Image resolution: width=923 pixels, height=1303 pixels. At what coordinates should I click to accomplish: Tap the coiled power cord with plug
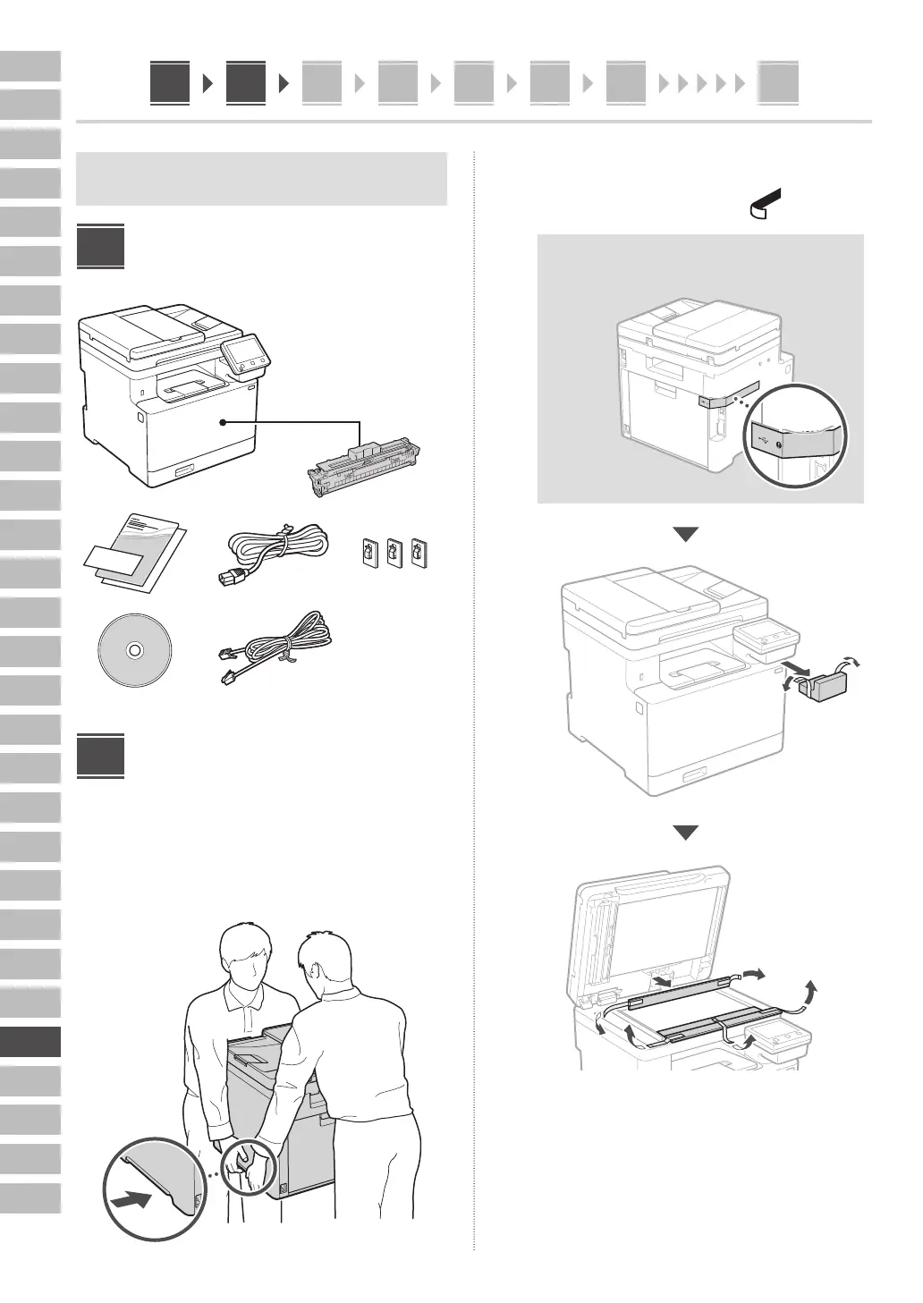tap(267, 552)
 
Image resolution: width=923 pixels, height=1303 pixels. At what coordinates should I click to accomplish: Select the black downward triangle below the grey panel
tap(686, 535)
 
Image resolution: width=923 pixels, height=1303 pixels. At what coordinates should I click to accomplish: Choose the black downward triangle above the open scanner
tap(686, 833)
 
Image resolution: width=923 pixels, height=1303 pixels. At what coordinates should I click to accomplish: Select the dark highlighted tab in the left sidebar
tap(30, 1042)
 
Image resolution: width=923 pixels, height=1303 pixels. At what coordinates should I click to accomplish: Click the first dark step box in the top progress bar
tap(170, 83)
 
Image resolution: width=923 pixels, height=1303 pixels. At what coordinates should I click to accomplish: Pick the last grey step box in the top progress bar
tap(778, 84)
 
